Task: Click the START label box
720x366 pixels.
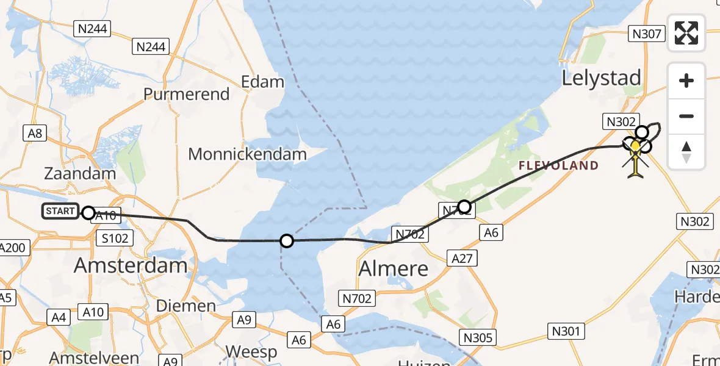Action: pyautogui.click(x=60, y=212)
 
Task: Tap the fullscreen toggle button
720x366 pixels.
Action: pyautogui.click(x=686, y=33)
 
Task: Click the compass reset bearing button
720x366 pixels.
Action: pyautogui.click(x=686, y=151)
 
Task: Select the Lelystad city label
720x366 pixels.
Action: pyautogui.click(x=601, y=78)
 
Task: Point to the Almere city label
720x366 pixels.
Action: pyautogui.click(x=394, y=268)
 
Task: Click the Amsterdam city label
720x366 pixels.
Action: pyautogui.click(x=131, y=265)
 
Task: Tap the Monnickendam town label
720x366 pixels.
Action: pyautogui.click(x=247, y=154)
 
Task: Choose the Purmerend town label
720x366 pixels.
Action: pyautogui.click(x=187, y=95)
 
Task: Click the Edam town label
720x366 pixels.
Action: pyautogui.click(x=262, y=82)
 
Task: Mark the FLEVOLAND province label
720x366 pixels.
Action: pyautogui.click(x=558, y=165)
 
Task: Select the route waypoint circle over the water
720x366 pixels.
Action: pyautogui.click(x=287, y=241)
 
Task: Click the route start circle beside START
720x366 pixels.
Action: pyautogui.click(x=88, y=213)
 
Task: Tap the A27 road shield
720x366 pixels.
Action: pyautogui.click(x=461, y=259)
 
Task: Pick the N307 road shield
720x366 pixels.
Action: pyautogui.click(x=647, y=34)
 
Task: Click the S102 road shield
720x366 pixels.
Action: pyautogui.click(x=115, y=238)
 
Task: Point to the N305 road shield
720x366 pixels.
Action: pyautogui.click(x=478, y=337)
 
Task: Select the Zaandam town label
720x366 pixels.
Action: pyautogui.click(x=80, y=173)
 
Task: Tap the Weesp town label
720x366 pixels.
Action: pyautogui.click(x=251, y=352)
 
